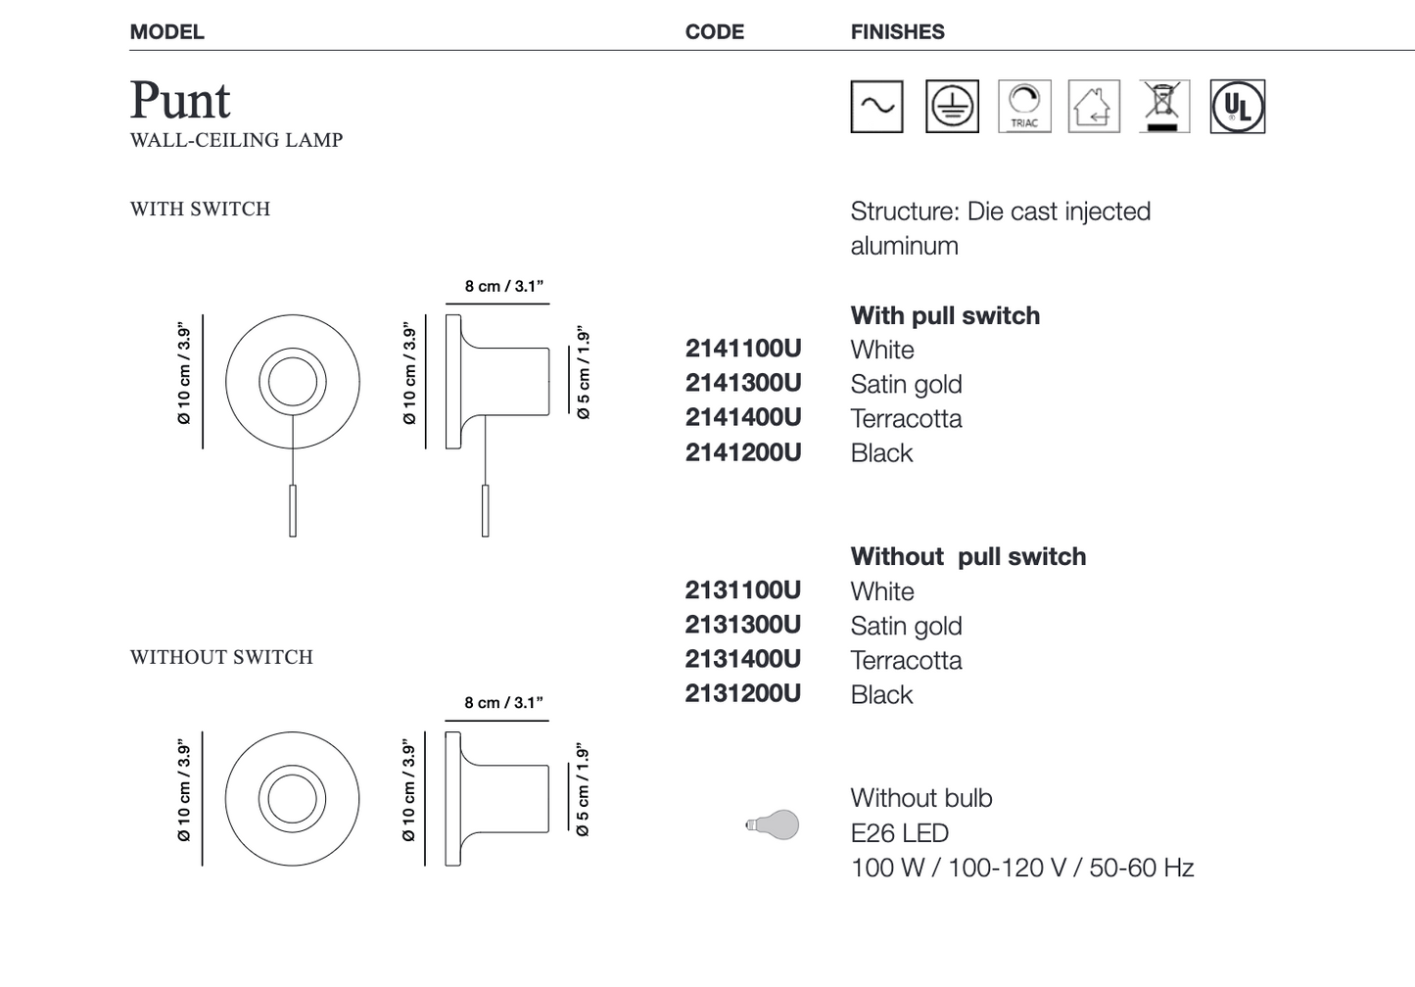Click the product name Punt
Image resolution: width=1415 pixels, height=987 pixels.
[x=180, y=100]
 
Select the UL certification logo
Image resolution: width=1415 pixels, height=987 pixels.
[x=1237, y=107]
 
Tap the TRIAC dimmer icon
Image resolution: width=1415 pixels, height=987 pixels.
[x=1023, y=107]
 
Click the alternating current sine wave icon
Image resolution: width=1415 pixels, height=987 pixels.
[x=876, y=107]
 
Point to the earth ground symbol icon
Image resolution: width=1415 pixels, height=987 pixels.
[x=952, y=107]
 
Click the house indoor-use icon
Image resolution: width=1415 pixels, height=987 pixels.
[x=1093, y=107]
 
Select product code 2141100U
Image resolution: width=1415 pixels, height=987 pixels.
[x=743, y=349]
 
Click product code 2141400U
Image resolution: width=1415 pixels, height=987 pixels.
[x=743, y=417]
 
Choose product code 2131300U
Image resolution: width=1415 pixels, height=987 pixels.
[x=743, y=625]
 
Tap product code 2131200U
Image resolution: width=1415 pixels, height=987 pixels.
[x=743, y=693]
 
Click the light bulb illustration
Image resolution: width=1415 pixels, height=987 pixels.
[x=773, y=824]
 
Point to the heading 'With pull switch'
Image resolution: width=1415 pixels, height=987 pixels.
[x=945, y=315]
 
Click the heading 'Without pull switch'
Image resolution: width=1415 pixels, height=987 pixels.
[x=967, y=556]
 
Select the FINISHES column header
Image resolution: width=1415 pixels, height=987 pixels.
[x=897, y=32]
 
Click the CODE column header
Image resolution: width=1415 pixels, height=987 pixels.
[x=714, y=32]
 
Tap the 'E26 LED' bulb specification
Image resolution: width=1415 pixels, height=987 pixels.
[x=899, y=833]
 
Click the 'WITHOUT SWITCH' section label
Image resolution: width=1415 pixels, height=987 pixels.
[x=221, y=657]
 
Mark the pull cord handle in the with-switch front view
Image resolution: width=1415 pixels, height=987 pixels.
[x=293, y=510]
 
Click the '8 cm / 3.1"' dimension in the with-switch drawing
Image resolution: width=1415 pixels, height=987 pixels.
[x=503, y=286]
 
